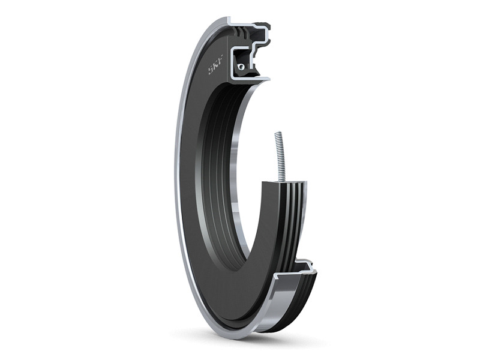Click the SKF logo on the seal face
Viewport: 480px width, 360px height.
point(216,65)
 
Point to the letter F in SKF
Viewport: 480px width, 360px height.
point(221,60)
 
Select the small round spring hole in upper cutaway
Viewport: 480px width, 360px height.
point(242,67)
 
